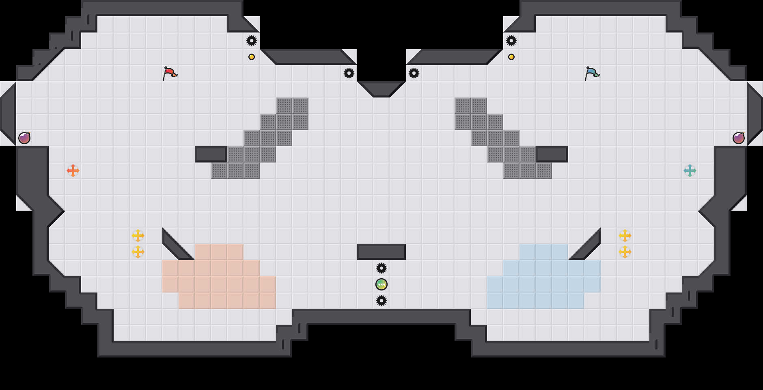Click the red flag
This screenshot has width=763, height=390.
(170, 73)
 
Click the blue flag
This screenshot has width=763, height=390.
(592, 73)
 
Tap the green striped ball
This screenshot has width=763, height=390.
(381, 284)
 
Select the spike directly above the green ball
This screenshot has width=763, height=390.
(381, 268)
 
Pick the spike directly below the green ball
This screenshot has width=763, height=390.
(381, 301)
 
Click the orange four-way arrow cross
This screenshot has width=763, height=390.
(73, 171)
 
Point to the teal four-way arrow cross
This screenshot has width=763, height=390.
(690, 171)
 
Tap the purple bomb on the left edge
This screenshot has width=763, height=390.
(24, 138)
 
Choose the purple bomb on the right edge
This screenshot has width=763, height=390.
(739, 138)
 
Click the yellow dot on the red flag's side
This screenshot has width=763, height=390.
(252, 57)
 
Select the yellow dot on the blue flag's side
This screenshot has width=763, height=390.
(511, 57)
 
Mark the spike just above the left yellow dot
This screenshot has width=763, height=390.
(252, 41)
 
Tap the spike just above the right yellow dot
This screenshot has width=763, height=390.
(511, 41)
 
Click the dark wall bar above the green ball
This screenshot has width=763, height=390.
(381, 252)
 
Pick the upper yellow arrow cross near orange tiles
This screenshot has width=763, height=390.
(138, 236)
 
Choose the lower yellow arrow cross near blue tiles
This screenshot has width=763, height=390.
(625, 252)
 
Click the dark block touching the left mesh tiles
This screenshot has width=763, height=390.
(211, 154)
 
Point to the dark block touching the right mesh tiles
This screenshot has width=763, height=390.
(552, 154)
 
